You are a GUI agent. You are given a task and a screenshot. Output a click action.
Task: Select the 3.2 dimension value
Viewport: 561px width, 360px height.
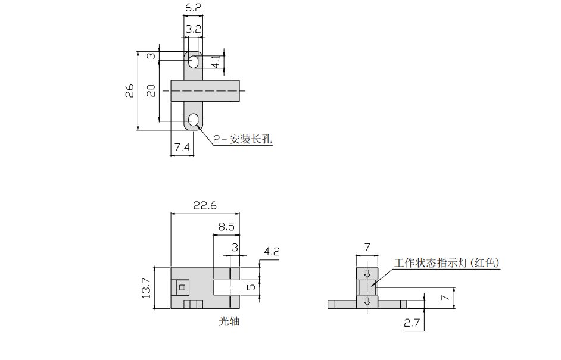(194, 29)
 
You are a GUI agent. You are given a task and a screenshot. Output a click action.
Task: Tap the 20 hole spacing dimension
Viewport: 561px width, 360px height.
(151, 90)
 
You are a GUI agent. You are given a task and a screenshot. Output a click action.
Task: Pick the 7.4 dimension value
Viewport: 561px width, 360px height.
(182, 147)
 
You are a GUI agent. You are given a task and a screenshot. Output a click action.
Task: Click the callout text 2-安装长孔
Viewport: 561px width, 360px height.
(242, 139)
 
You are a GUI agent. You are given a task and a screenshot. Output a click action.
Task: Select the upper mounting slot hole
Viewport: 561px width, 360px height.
(194, 60)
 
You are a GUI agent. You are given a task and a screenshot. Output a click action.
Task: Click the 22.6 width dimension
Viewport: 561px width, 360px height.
(205, 205)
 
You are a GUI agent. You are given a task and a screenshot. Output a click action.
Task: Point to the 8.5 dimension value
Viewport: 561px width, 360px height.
(226, 227)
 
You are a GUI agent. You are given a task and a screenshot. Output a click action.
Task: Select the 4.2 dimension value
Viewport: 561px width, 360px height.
(272, 252)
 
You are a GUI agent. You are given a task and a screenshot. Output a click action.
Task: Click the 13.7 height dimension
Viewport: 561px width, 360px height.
(146, 289)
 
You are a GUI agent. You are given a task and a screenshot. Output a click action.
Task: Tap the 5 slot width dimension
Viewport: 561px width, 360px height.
(251, 288)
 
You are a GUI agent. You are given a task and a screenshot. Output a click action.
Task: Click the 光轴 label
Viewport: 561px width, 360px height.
(229, 321)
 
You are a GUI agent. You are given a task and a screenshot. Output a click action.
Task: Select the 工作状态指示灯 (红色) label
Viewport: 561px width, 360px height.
(447, 262)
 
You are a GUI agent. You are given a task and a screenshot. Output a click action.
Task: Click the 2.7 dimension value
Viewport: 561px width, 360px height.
(412, 324)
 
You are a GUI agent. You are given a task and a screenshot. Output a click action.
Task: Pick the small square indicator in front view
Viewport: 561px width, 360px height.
(182, 287)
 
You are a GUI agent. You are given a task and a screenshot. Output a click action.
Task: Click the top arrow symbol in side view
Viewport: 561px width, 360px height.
(367, 274)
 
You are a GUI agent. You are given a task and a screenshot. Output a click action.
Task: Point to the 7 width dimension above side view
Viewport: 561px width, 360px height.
(367, 247)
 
